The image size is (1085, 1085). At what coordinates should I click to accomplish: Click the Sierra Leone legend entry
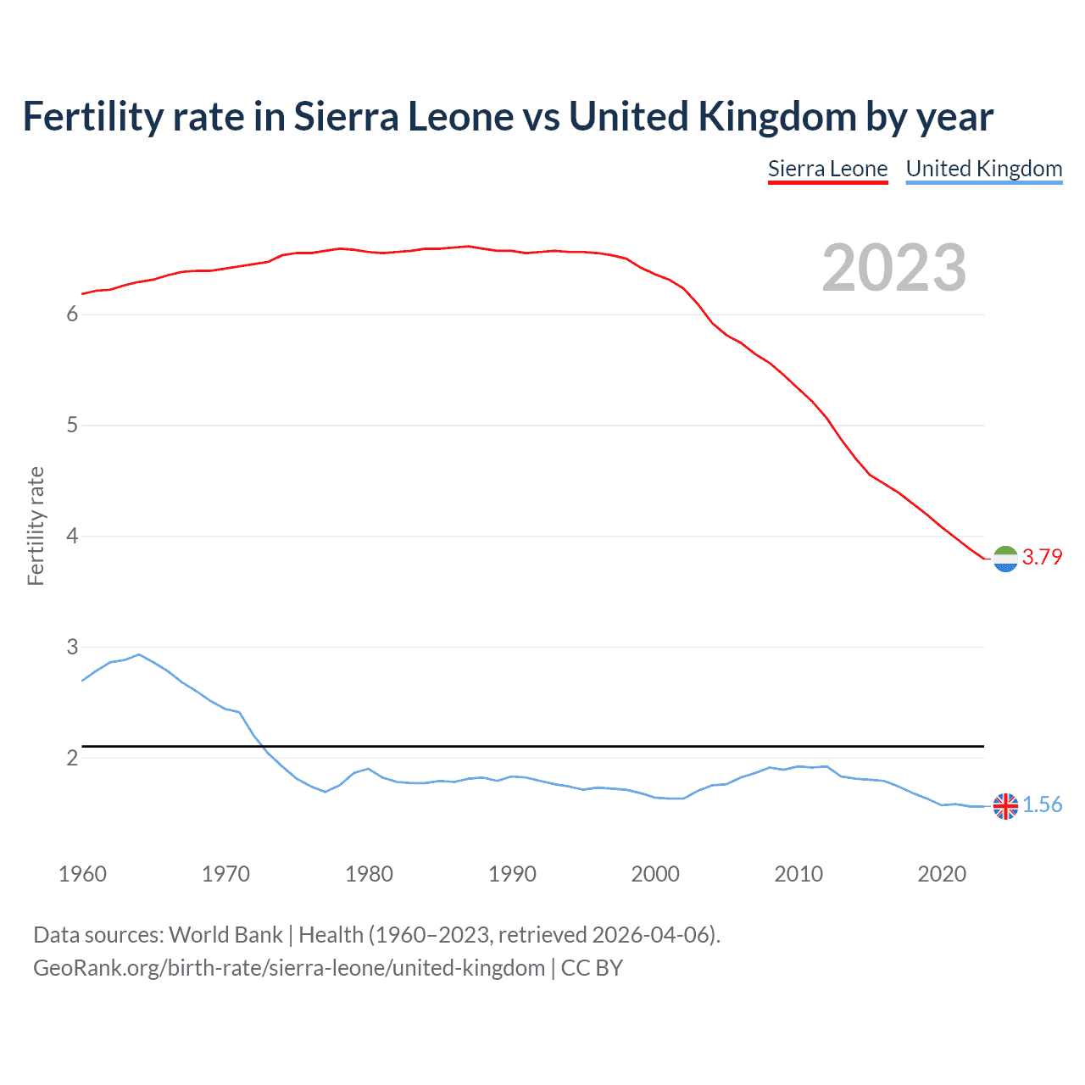(x=827, y=169)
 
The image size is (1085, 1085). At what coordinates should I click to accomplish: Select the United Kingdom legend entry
(x=983, y=169)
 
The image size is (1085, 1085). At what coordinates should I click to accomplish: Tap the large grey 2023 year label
(x=893, y=268)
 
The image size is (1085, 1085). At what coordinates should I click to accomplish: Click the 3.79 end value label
(x=1042, y=557)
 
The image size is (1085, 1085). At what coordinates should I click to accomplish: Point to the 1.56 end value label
(x=1042, y=804)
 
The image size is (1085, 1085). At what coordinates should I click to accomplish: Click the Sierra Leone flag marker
(x=1005, y=559)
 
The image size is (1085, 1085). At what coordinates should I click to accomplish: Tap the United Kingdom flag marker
(x=1005, y=806)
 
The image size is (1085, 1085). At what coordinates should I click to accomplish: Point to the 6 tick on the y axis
(x=72, y=314)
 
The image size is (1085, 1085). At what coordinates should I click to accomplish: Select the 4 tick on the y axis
(x=72, y=536)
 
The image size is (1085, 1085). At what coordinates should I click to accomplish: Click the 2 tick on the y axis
(x=72, y=758)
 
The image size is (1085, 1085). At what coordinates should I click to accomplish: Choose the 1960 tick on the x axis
(x=82, y=874)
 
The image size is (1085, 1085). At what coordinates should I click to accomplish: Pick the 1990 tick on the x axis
(x=512, y=874)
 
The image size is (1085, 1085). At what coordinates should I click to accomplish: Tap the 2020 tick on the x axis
(x=942, y=874)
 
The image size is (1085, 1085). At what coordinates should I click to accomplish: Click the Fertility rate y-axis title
(x=36, y=526)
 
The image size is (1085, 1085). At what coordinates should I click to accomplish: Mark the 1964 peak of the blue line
(x=139, y=654)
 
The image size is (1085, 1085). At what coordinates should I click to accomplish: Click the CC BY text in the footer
(x=592, y=968)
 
